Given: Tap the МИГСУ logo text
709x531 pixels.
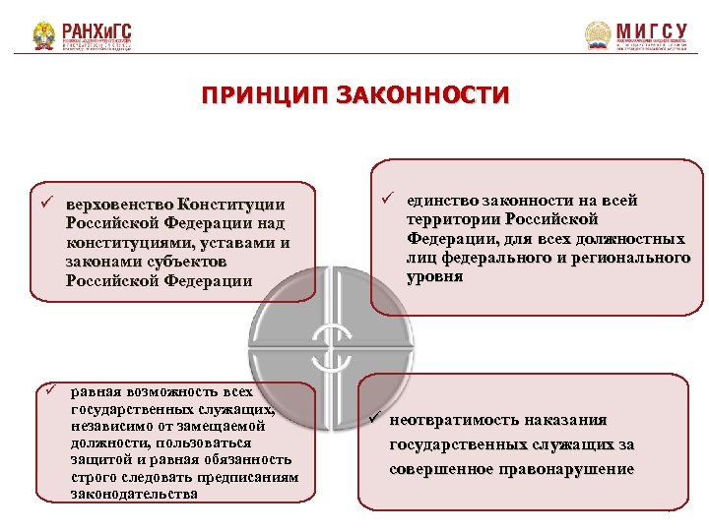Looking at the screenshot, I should (651, 31).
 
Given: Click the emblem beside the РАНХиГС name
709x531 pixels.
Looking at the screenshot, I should (44, 36).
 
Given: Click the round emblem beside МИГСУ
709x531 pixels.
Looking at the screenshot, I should (598, 36).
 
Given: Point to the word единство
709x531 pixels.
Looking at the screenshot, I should (441, 200).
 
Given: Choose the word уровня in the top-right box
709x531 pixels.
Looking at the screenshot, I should (434, 276).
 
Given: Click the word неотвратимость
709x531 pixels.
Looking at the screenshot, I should (458, 420).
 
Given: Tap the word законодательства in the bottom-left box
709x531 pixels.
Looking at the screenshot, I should (134, 493).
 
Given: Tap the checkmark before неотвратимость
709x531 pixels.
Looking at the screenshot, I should (374, 419).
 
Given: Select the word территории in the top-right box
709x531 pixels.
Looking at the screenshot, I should (448, 219).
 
